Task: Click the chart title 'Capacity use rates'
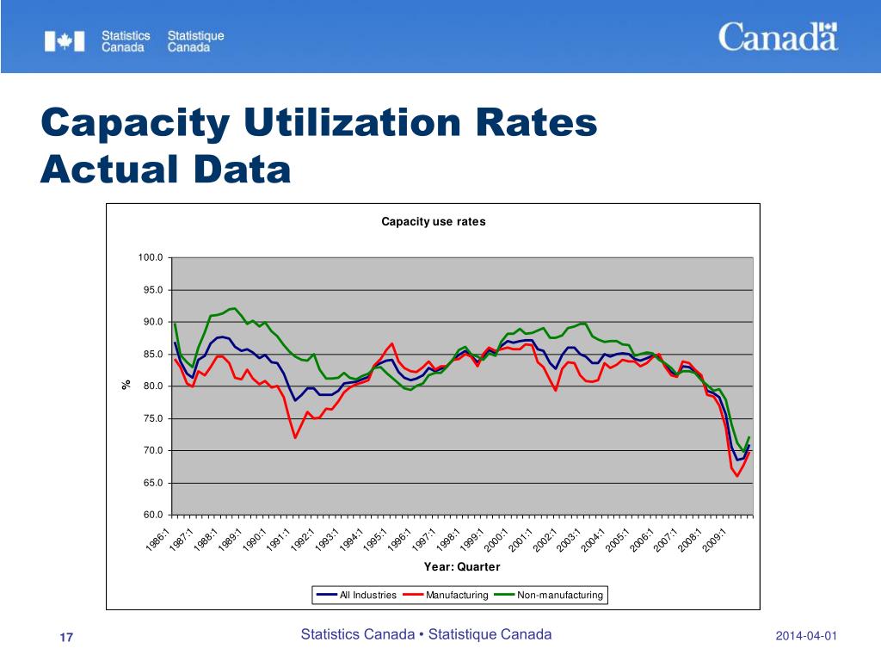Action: point(434,221)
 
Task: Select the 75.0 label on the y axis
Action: point(152,419)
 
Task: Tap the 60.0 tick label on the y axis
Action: point(152,516)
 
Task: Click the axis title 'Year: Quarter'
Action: point(462,567)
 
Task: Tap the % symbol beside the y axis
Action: point(126,386)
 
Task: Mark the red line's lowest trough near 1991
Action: point(295,438)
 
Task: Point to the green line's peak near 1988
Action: point(234,308)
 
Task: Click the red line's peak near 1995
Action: point(391,343)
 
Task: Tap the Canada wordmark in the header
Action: point(778,37)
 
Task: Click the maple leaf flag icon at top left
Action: point(65,41)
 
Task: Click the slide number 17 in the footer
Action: point(66,637)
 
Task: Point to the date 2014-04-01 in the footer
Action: point(805,636)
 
